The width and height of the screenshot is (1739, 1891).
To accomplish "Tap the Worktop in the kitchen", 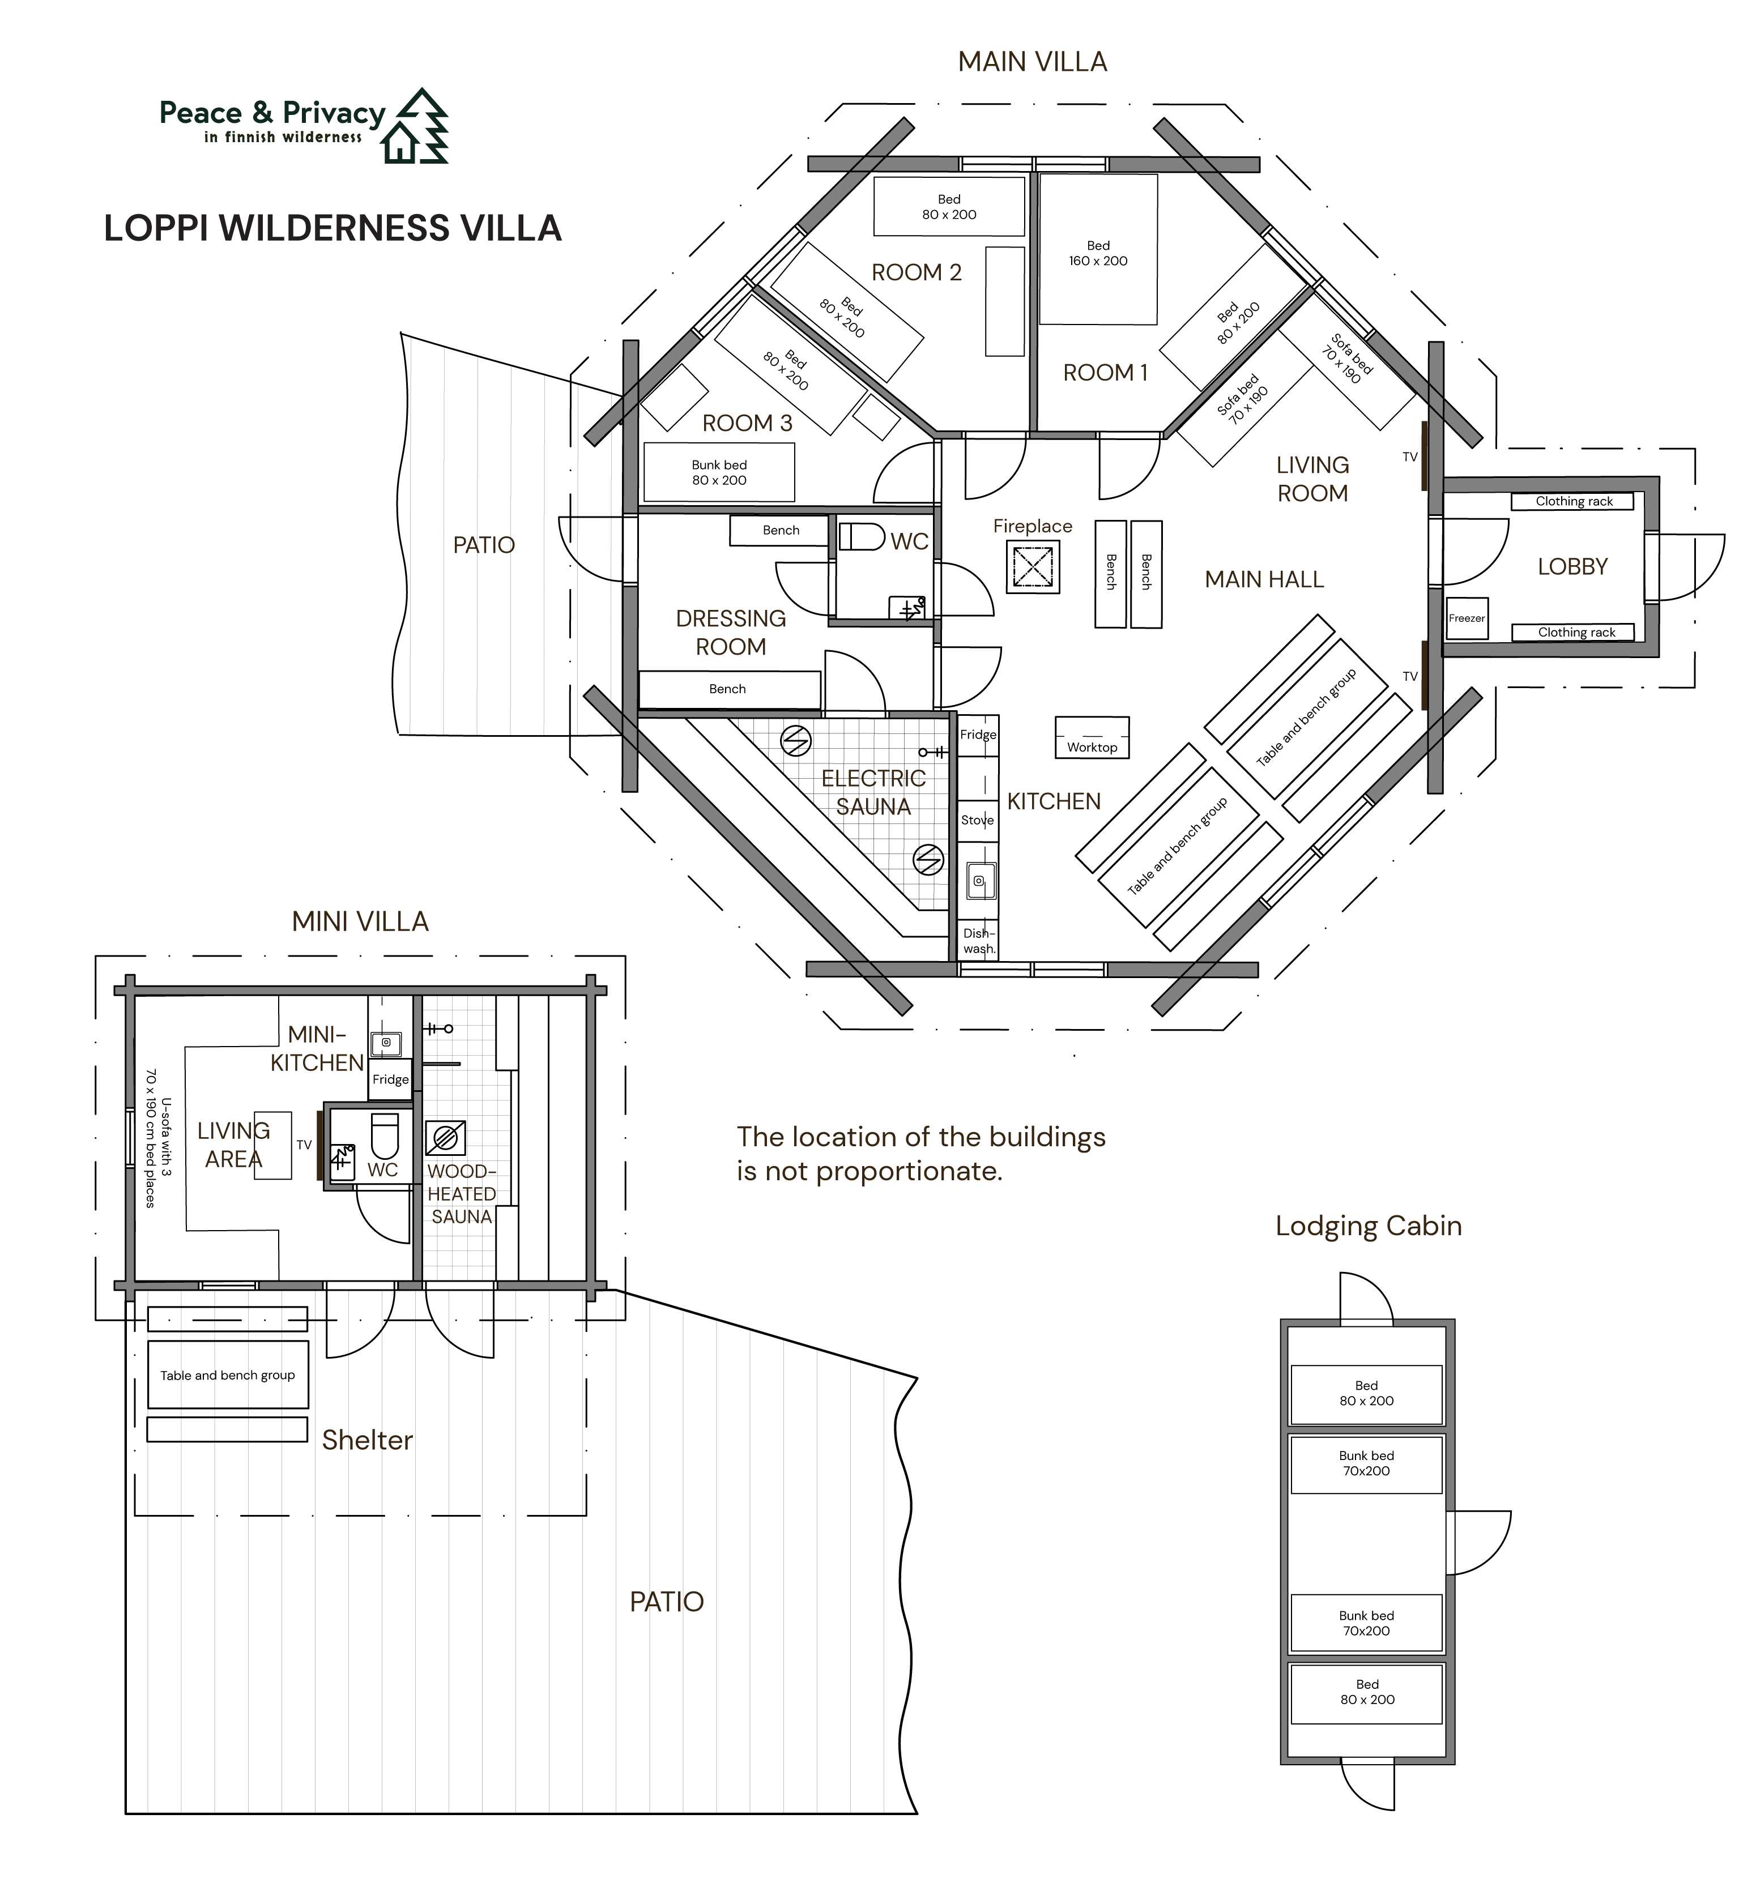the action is [x=1092, y=737].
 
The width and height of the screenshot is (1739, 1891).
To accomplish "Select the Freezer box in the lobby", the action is [x=1466, y=618].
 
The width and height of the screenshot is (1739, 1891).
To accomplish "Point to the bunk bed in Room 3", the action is [x=719, y=472].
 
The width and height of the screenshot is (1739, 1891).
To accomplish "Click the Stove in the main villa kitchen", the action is [x=978, y=821].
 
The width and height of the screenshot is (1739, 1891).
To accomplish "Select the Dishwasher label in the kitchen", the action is [x=979, y=941].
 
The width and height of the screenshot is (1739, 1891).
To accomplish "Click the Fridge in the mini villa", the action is [x=390, y=1079].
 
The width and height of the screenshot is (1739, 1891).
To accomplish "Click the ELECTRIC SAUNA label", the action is [x=873, y=792].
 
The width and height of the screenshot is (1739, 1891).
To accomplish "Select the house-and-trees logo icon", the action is [x=415, y=126].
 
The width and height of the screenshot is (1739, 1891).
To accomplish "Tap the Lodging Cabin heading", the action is [x=1368, y=1226].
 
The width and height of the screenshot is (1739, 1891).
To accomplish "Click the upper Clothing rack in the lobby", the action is [x=1572, y=501].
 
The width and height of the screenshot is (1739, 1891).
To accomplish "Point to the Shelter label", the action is [x=367, y=1440].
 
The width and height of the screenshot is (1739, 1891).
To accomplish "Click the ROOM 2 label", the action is [x=917, y=273].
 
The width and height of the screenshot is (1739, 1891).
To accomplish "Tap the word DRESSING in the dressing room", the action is [x=731, y=619].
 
